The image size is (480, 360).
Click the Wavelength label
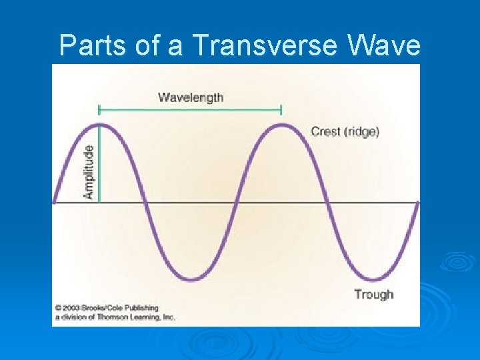pyautogui.click(x=191, y=97)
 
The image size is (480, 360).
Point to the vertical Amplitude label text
pyautogui.click(x=89, y=172)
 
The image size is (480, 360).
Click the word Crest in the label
pyautogui.click(x=326, y=131)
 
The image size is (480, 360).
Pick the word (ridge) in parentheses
pyautogui.click(x=362, y=131)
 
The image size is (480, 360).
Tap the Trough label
pyautogui.click(x=373, y=294)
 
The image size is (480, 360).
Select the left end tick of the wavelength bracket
pyautogui.click(x=99, y=109)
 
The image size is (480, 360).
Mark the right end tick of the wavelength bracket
pyautogui.click(x=282, y=109)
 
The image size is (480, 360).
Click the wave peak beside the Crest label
pyautogui.click(x=282, y=125)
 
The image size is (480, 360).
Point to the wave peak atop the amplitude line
pyautogui.click(x=99, y=125)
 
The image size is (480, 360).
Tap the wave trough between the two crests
pyautogui.click(x=191, y=279)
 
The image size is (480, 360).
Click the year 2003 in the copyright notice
pyautogui.click(x=71, y=308)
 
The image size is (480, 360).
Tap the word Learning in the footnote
pyautogui.click(x=142, y=317)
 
